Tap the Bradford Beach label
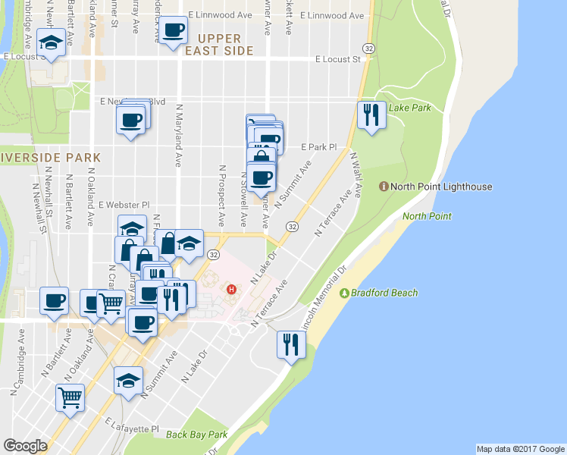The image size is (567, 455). pos(377,293)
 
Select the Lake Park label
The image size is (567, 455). pos(409,108)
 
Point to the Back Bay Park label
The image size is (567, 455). pos(197,435)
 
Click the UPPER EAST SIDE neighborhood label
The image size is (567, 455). pos(220,45)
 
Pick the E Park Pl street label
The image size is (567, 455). pos(318,146)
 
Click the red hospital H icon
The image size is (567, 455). pos(233,289)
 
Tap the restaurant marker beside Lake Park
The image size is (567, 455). pos(371,115)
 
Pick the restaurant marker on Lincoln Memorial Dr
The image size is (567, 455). pos(290,344)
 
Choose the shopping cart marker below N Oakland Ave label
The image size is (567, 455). pos(70,397)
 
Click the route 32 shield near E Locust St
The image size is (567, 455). pos(368,47)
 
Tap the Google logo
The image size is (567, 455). pos(25,445)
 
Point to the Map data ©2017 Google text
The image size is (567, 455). pos(519,449)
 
